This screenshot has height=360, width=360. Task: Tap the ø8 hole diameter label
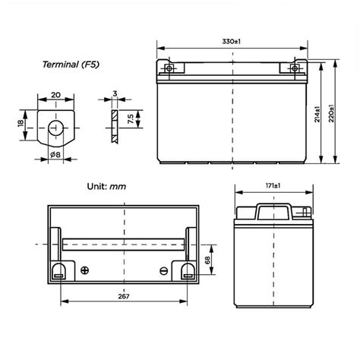pyautogui.click(x=56, y=156)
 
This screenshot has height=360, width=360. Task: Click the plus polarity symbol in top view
pyautogui.click(x=84, y=270)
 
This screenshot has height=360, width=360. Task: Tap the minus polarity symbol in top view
pyautogui.click(x=163, y=270)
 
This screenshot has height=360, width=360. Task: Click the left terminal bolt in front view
pyautogui.click(x=169, y=68)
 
